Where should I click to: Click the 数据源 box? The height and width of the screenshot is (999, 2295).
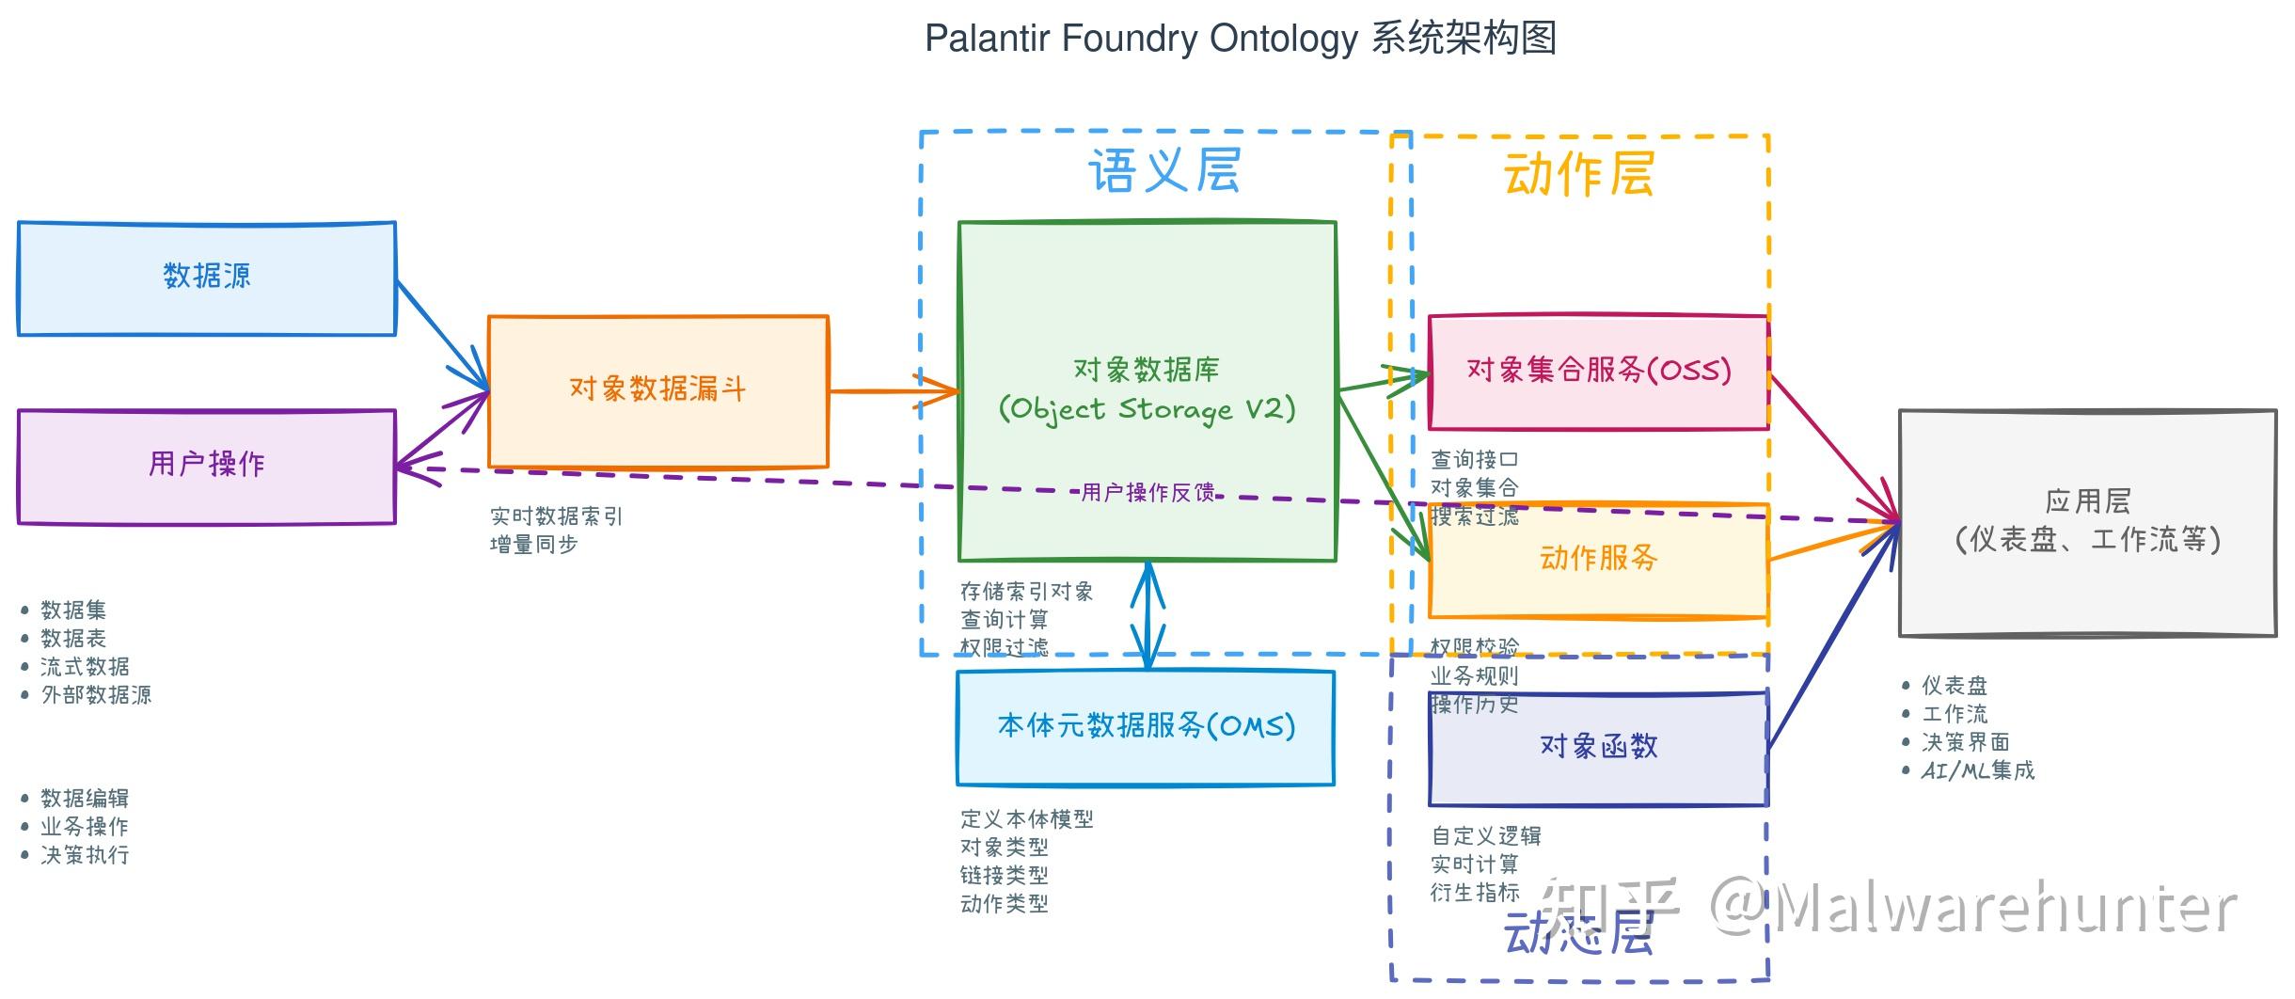[x=207, y=277]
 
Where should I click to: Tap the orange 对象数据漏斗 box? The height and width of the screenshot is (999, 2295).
[x=657, y=389]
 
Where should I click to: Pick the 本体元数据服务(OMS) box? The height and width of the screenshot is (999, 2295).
[x=1146, y=726]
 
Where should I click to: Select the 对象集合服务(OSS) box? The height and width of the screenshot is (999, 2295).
[x=1598, y=371]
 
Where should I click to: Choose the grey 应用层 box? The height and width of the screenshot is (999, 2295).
[x=2087, y=522]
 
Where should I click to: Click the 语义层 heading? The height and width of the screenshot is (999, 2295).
[x=1164, y=171]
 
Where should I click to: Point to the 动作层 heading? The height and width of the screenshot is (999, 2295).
[x=1579, y=175]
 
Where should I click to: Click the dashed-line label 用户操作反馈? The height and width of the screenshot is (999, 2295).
[x=1147, y=492]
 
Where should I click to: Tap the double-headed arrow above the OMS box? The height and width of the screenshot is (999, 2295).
[x=1147, y=616]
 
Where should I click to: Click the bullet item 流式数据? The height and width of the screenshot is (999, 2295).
[x=85, y=667]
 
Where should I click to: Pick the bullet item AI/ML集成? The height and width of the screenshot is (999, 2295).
[x=1977, y=770]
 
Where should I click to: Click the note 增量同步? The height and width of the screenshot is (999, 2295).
[x=533, y=545]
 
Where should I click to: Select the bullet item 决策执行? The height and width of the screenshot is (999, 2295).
[x=85, y=855]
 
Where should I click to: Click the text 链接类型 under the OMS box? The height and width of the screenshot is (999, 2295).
[x=1004, y=876]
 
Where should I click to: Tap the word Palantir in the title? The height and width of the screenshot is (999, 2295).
[x=987, y=39]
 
